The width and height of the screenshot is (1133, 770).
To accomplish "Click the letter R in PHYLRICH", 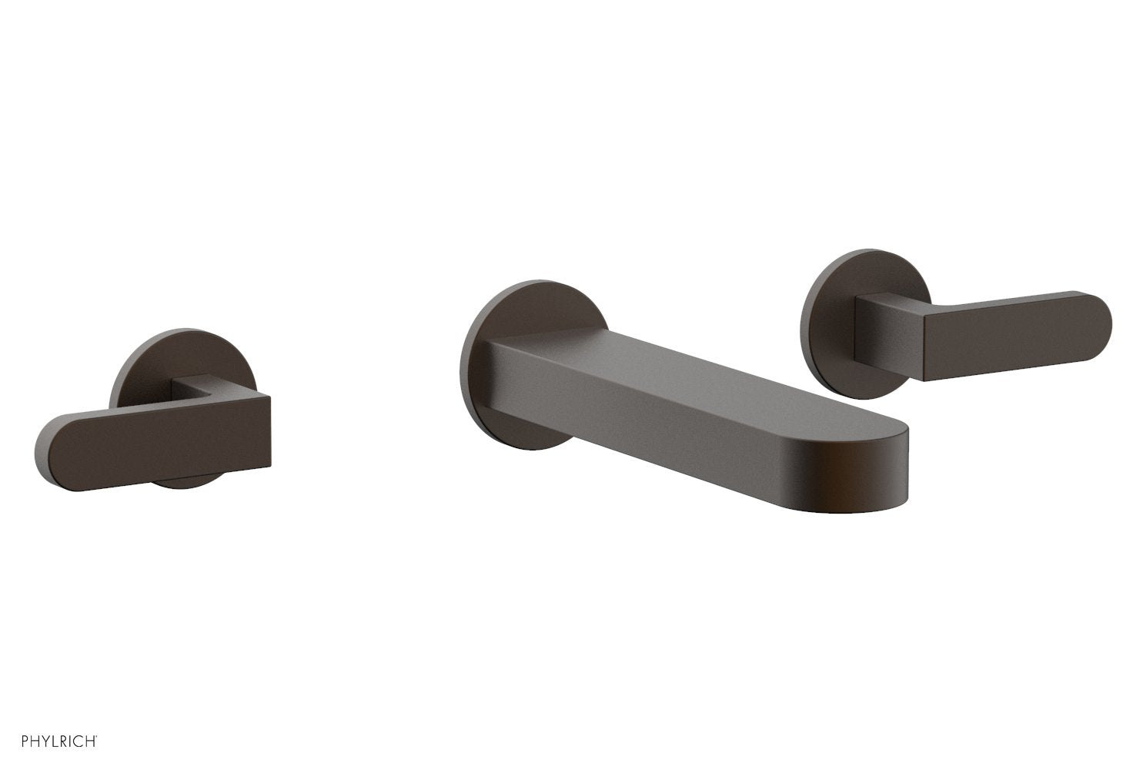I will point(57,742).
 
